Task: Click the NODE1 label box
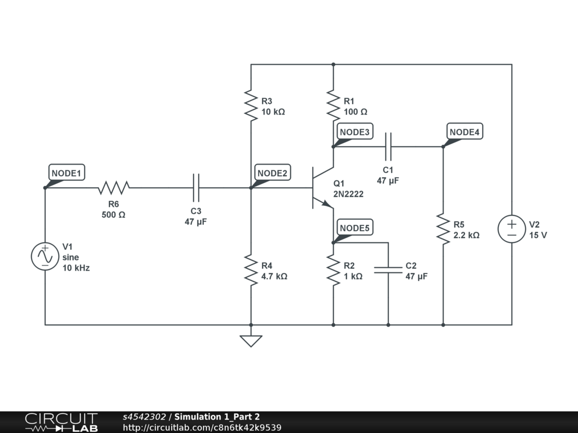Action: pyautogui.click(x=67, y=173)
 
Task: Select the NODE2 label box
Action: pyautogui.click(x=273, y=173)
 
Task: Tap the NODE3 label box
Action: pyautogui.click(x=355, y=131)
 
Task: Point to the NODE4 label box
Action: pyautogui.click(x=465, y=131)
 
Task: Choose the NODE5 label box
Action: pyautogui.click(x=355, y=227)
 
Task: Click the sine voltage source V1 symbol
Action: pyautogui.click(x=45, y=257)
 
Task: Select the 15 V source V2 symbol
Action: pyautogui.click(x=511, y=229)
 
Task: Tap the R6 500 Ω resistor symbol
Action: pyautogui.click(x=113, y=188)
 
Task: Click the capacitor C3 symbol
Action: pyautogui.click(x=196, y=188)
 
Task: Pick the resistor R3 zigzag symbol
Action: pyautogui.click(x=251, y=105)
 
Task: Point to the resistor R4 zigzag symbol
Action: pyautogui.click(x=251, y=270)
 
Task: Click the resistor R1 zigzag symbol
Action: pyautogui.click(x=333, y=105)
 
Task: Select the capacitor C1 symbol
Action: pyautogui.click(x=388, y=147)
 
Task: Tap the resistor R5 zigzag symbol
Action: pyautogui.click(x=443, y=229)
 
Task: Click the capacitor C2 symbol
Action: pyautogui.click(x=388, y=270)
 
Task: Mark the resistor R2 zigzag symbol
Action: pyautogui.click(x=333, y=270)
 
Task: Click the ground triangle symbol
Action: pyautogui.click(x=251, y=341)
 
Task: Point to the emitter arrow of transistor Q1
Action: pyautogui.click(x=327, y=204)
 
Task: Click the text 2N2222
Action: pyautogui.click(x=348, y=194)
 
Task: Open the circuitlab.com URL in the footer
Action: pyautogui.click(x=202, y=427)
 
